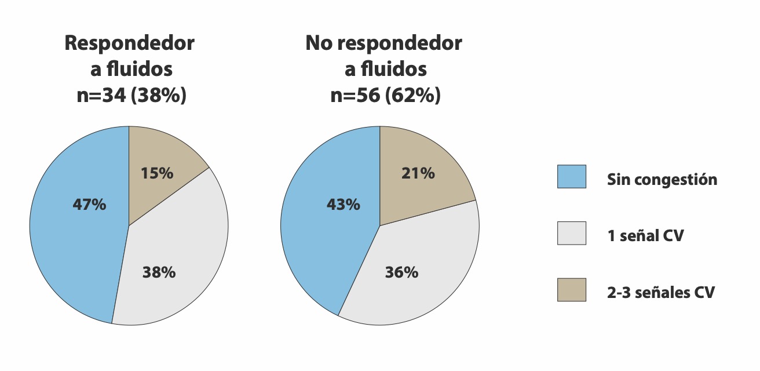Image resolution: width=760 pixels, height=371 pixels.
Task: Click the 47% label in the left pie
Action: tap(89, 205)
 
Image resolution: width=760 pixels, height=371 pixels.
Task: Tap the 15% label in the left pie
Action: tap(156, 173)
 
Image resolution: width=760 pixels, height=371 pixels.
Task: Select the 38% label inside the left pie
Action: tap(159, 272)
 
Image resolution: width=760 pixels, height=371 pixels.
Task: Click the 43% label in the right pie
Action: tap(343, 205)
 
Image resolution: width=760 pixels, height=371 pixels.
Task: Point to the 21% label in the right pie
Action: tap(418, 173)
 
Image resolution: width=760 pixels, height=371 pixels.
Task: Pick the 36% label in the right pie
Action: tap(401, 272)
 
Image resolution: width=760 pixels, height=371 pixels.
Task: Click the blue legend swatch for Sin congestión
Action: tap(571, 177)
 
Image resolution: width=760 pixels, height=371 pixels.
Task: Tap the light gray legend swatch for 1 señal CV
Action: tap(571, 233)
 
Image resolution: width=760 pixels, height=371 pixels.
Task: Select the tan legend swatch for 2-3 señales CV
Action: tap(571, 290)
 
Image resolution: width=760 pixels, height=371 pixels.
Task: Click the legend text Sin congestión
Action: tap(662, 180)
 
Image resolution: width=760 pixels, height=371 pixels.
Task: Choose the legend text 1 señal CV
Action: tap(645, 236)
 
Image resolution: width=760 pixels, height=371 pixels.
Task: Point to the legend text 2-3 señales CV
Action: tap(661, 293)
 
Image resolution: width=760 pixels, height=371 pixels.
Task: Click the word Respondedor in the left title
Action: tap(130, 43)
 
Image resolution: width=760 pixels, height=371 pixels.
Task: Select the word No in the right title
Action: tap(321, 43)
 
